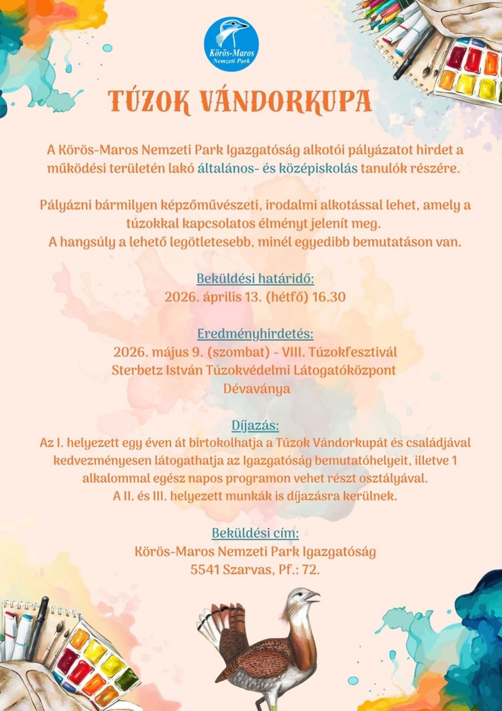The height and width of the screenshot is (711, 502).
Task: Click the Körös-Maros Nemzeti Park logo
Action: click(231, 44)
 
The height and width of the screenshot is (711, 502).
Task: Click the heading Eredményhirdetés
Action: click(255, 334)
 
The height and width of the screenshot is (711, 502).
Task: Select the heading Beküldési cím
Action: click(255, 533)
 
